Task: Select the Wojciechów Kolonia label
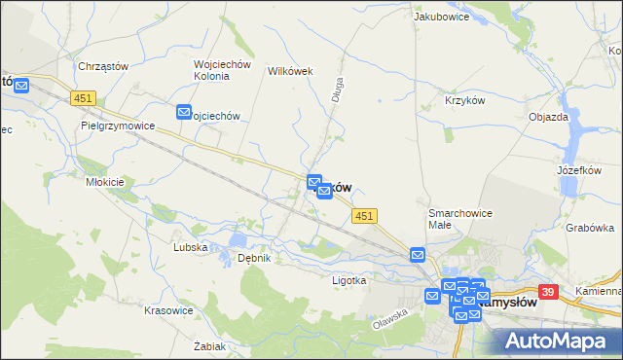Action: click(x=223, y=71)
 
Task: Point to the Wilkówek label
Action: click(x=288, y=71)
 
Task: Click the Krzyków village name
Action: click(x=464, y=101)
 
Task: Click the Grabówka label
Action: click(x=589, y=228)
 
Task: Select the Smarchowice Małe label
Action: click(x=460, y=218)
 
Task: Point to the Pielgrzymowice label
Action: click(x=120, y=126)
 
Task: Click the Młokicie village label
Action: click(x=105, y=182)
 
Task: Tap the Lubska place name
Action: click(x=190, y=247)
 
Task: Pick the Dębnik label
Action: click(x=253, y=258)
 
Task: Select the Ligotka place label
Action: click(x=348, y=280)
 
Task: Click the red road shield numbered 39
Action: click(x=548, y=291)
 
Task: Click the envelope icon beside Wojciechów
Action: click(x=184, y=113)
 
